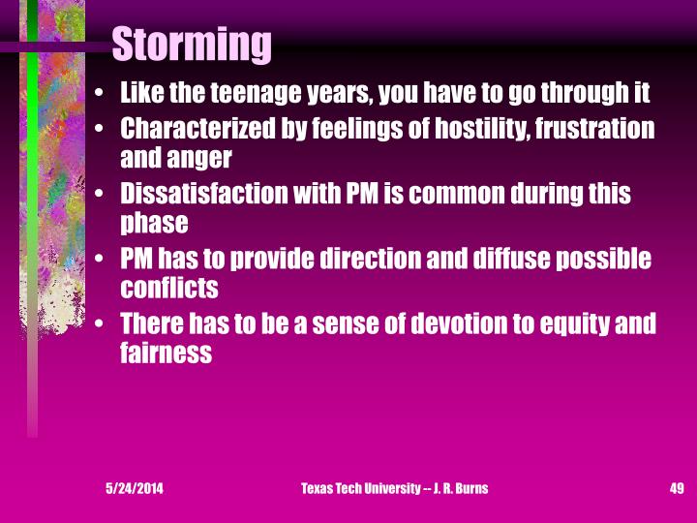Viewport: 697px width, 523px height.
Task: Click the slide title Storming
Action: (x=192, y=45)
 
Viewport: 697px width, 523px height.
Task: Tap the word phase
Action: (x=153, y=222)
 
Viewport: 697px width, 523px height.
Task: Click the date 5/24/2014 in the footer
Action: (x=135, y=489)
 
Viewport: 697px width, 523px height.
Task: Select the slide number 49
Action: (x=677, y=489)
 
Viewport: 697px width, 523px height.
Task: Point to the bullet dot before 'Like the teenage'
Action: (x=102, y=96)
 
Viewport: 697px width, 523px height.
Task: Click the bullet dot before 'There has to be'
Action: (x=102, y=326)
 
